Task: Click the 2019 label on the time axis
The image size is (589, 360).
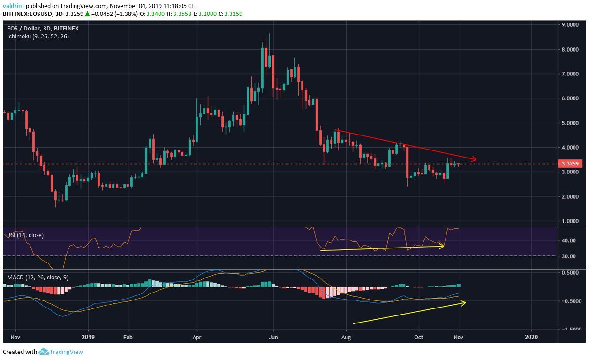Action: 88,337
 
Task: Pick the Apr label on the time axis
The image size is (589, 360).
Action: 197,337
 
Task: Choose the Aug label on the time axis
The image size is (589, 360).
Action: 346,337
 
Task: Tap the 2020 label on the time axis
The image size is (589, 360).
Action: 531,337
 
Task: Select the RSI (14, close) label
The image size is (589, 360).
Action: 25,235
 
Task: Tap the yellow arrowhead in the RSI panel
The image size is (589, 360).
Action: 441,246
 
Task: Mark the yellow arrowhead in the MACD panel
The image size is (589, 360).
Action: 463,303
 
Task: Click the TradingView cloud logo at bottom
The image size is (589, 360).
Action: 44,352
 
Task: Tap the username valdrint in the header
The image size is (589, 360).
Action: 14,6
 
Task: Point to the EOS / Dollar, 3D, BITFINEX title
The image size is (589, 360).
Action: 43,29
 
